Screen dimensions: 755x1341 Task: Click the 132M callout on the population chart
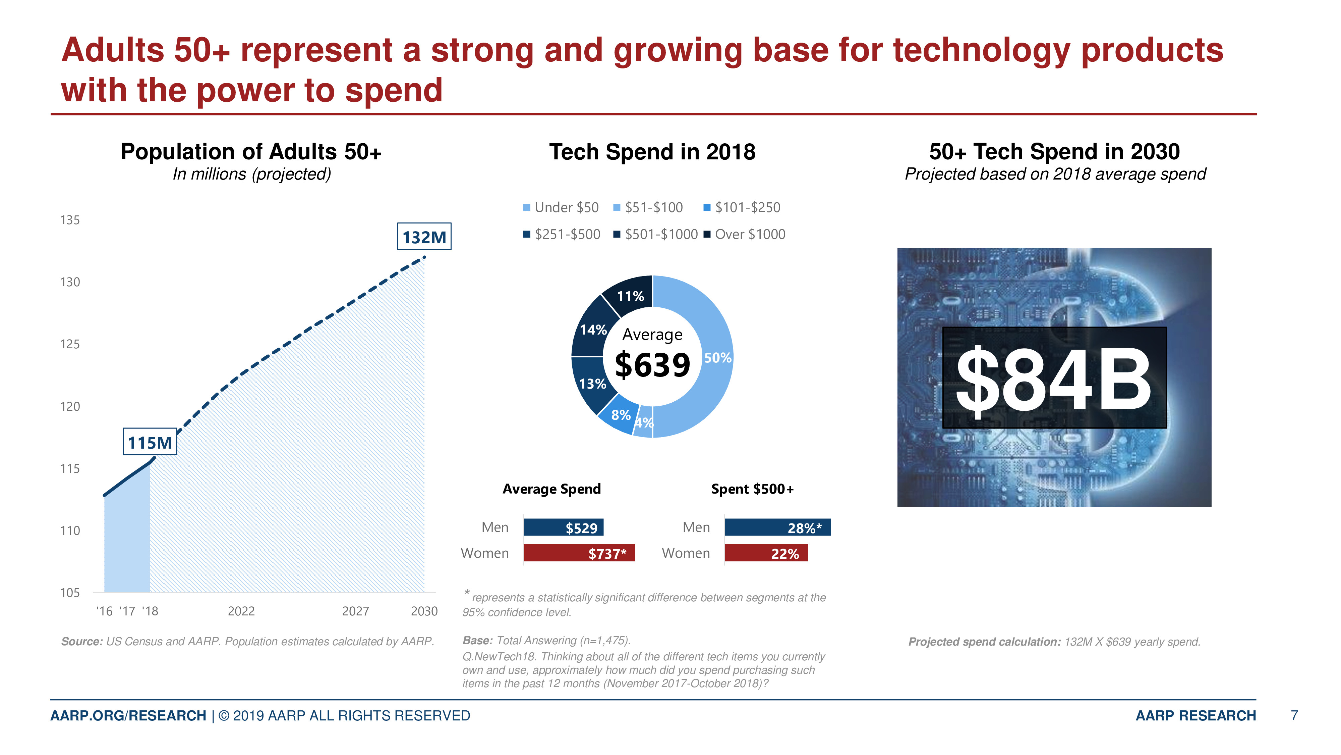point(424,237)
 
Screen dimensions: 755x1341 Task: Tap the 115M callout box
point(150,442)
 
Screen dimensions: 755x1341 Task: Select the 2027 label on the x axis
point(356,611)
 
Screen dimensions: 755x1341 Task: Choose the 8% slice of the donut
point(620,415)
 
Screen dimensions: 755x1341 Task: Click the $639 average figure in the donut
point(652,365)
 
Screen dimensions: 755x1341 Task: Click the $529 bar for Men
point(564,528)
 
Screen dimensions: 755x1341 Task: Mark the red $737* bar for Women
point(579,553)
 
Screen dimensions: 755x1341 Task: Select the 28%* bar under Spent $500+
point(777,528)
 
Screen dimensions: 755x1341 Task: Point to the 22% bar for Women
point(766,553)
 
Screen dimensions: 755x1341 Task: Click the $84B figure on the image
point(1054,379)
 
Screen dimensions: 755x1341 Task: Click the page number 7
point(1294,715)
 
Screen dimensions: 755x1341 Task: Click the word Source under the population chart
point(81,641)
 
